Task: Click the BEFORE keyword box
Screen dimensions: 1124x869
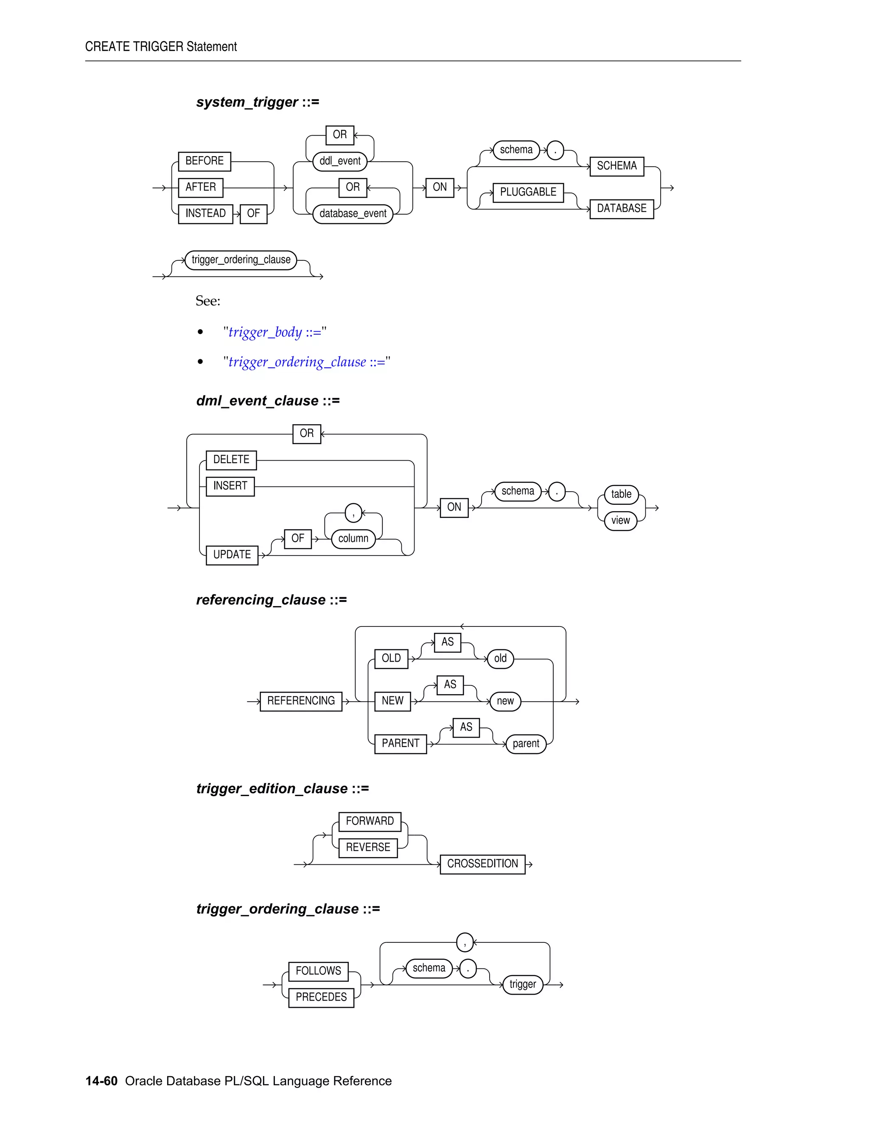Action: click(x=205, y=161)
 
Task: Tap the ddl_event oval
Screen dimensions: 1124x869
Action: click(x=340, y=161)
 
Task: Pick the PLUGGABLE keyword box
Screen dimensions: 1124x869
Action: click(x=528, y=193)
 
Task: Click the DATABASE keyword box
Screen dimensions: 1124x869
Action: click(x=621, y=208)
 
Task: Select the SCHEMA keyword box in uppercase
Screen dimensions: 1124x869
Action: click(x=616, y=166)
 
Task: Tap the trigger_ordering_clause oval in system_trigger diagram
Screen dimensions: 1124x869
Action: click(x=241, y=260)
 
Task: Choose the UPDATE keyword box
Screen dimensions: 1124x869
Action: click(x=232, y=555)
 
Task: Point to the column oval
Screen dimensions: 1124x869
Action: click(x=353, y=538)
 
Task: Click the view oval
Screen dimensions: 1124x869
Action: click(x=620, y=520)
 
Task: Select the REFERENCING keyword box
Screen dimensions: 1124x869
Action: click(x=301, y=701)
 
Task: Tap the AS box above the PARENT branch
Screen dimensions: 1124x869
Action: click(x=466, y=727)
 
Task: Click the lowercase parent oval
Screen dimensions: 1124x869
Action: click(x=526, y=744)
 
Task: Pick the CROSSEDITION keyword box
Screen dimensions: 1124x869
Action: click(x=482, y=864)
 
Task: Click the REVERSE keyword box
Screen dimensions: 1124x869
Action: click(x=367, y=847)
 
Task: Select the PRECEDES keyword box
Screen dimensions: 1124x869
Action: click(x=321, y=998)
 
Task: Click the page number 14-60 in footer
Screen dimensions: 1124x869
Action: click(x=101, y=1081)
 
